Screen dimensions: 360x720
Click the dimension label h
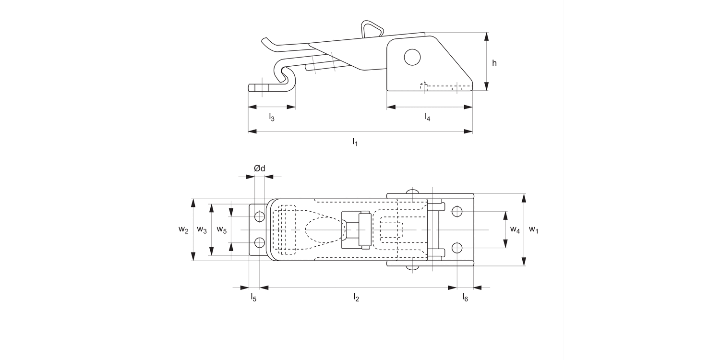494,63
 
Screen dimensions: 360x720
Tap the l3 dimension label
271,117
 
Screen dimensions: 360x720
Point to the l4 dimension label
427,117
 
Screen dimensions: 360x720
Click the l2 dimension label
356,298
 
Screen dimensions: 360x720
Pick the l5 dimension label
253,298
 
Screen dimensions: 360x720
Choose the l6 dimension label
465,298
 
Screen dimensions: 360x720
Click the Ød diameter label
259,168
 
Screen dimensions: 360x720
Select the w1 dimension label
534,230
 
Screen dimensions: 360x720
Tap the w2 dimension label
183,230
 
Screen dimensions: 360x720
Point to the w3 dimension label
202,230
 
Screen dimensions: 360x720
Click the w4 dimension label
515,230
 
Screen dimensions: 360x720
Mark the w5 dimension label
221,230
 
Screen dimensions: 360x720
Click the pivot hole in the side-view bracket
412,58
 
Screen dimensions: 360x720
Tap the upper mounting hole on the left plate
260,216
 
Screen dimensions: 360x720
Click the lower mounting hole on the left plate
260,242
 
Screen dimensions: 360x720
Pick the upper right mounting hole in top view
457,211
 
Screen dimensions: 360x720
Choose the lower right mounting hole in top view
457,248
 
